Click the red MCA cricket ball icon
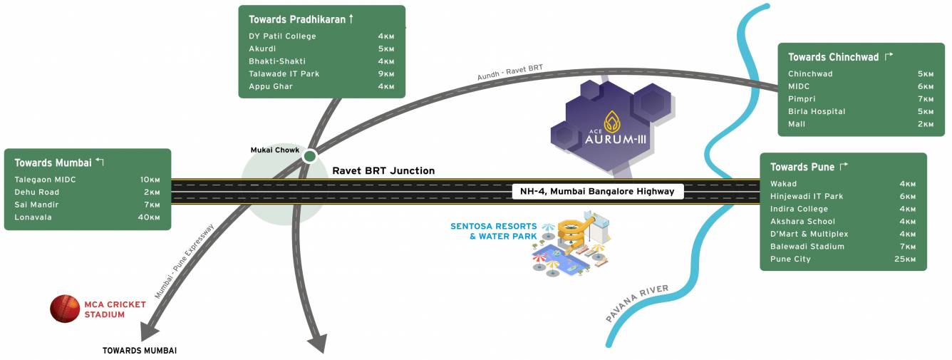65,309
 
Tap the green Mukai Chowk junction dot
310,156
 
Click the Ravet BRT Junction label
383,171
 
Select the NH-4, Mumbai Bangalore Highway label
597,191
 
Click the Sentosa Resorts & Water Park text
494,231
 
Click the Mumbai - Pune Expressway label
184,262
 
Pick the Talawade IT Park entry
284,73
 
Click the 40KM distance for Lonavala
149,217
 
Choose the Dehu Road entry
37,192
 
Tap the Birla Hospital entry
817,111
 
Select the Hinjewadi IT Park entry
807,196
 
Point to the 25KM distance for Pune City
905,259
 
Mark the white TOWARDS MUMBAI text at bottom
140,351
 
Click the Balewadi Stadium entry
807,247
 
